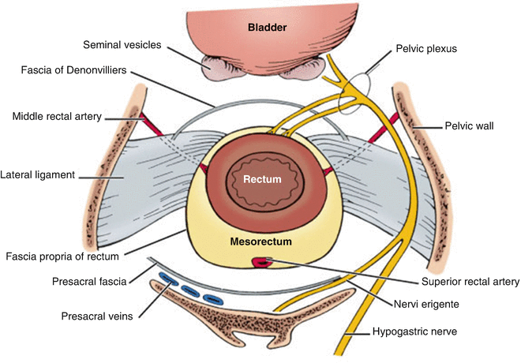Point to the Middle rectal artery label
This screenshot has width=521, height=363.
(x=57, y=117)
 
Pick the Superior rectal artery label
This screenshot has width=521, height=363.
(x=471, y=280)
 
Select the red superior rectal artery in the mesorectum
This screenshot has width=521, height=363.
(x=260, y=262)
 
